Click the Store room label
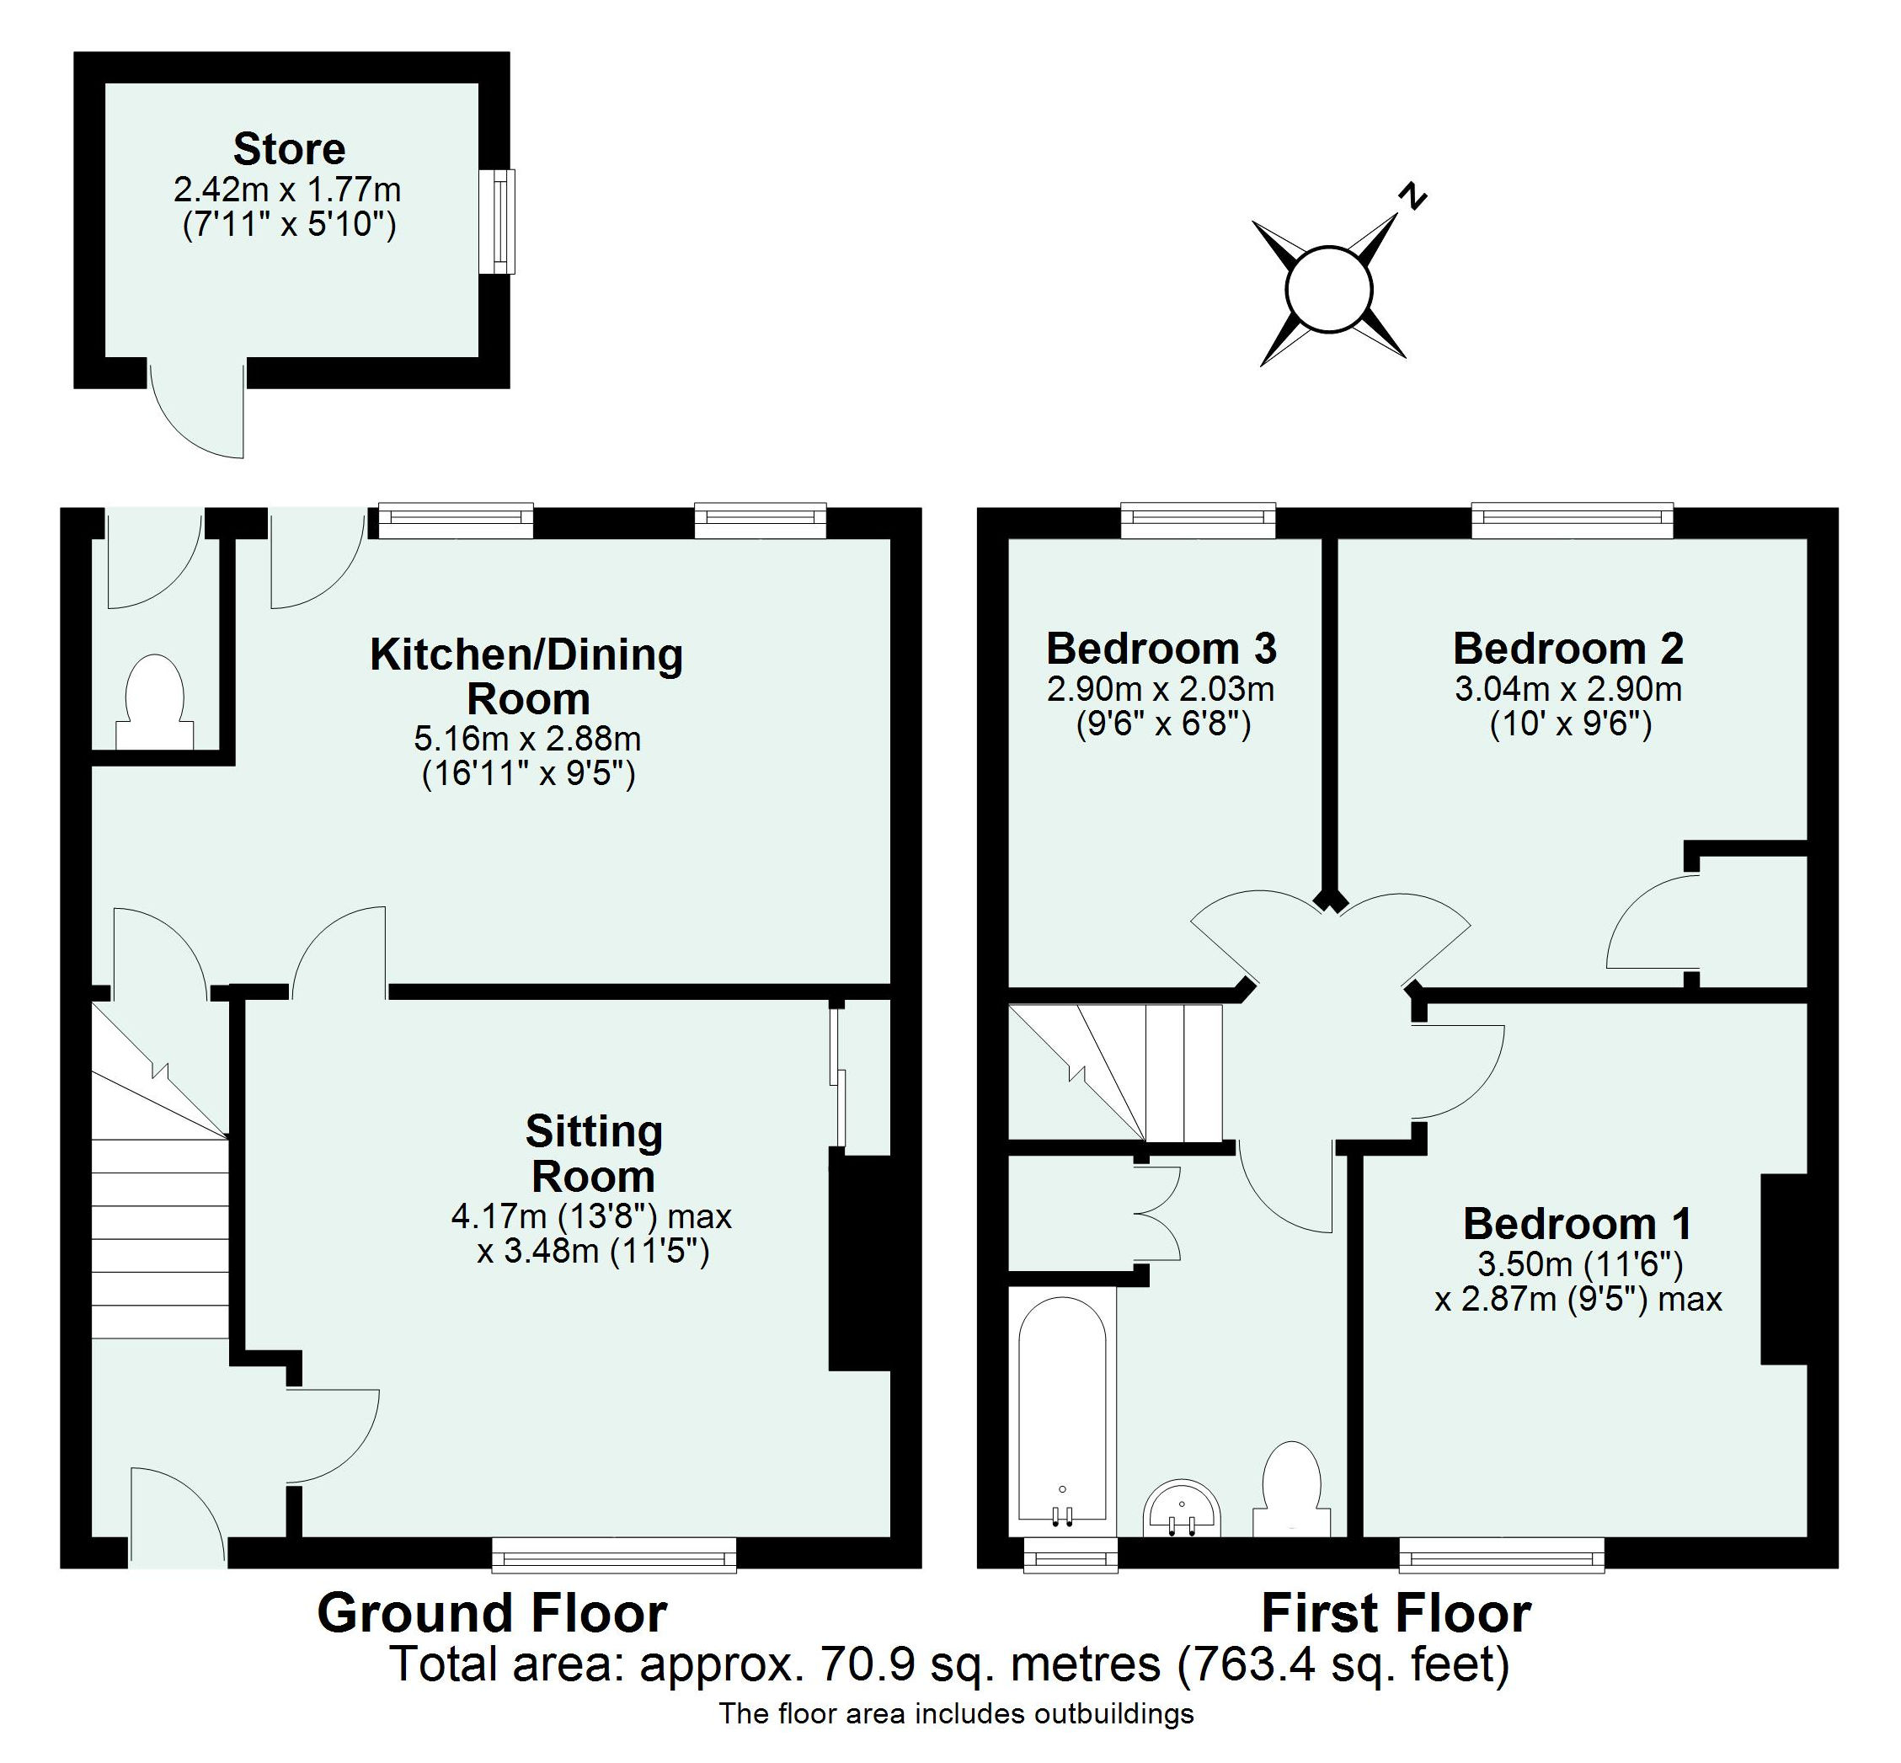(289, 150)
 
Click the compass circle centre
(1329, 289)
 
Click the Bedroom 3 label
(1161, 649)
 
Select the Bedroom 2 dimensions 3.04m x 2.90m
(1568, 689)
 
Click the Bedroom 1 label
(1578, 1224)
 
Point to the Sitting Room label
(593, 1154)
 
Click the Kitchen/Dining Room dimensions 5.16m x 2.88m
(526, 739)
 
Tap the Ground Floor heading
(491, 1613)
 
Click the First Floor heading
(1396, 1613)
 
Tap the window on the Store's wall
(499, 222)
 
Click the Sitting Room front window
(614, 1554)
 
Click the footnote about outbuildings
(956, 1714)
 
